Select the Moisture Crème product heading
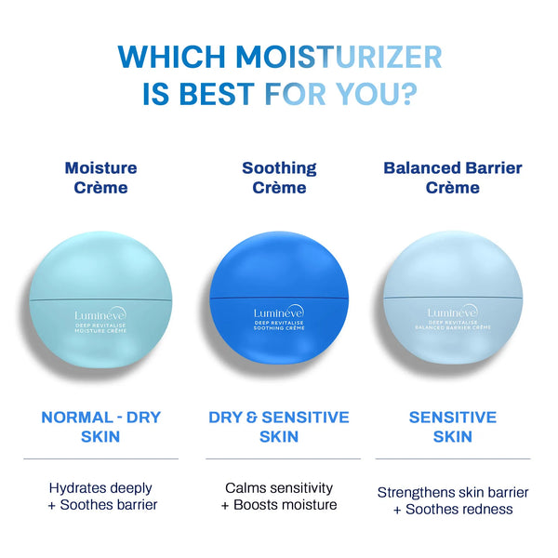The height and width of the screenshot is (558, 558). [x=100, y=178]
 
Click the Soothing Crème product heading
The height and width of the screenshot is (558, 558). [x=279, y=178]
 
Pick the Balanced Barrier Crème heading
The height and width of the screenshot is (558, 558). [x=453, y=178]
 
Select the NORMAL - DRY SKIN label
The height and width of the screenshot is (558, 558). [x=100, y=427]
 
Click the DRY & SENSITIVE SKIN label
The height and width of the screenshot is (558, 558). [x=279, y=427]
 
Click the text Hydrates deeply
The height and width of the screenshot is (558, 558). [x=100, y=487]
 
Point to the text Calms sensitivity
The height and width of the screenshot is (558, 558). [x=279, y=487]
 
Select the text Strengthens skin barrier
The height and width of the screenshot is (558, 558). [x=453, y=491]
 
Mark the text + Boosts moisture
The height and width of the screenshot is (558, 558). [x=279, y=505]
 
